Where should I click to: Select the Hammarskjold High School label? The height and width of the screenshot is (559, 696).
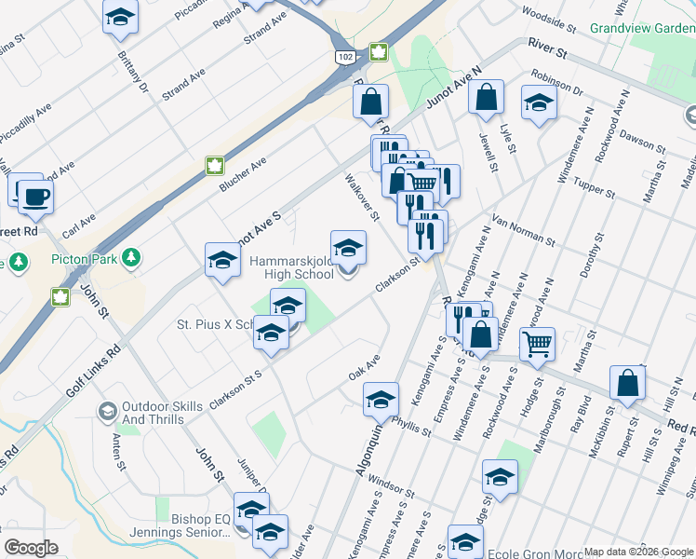pyautogui.click(x=292, y=268)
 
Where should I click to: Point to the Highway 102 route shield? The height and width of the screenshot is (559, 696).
pyautogui.click(x=345, y=57)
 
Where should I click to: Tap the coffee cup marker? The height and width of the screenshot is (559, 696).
pyautogui.click(x=35, y=197)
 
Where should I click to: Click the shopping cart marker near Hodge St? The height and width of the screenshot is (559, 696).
pyautogui.click(x=538, y=344)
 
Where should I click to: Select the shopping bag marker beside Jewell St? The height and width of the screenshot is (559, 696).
pyautogui.click(x=486, y=97)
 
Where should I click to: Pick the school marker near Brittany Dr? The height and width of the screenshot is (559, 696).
pyautogui.click(x=119, y=18)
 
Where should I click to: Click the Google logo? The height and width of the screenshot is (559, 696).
pyautogui.click(x=31, y=547)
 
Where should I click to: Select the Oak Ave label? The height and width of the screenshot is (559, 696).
pyautogui.click(x=365, y=366)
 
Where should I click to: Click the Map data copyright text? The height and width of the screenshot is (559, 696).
pyautogui.click(x=638, y=552)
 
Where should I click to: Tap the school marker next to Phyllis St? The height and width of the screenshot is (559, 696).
pyautogui.click(x=381, y=399)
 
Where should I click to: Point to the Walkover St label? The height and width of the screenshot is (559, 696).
pyautogui.click(x=362, y=196)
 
